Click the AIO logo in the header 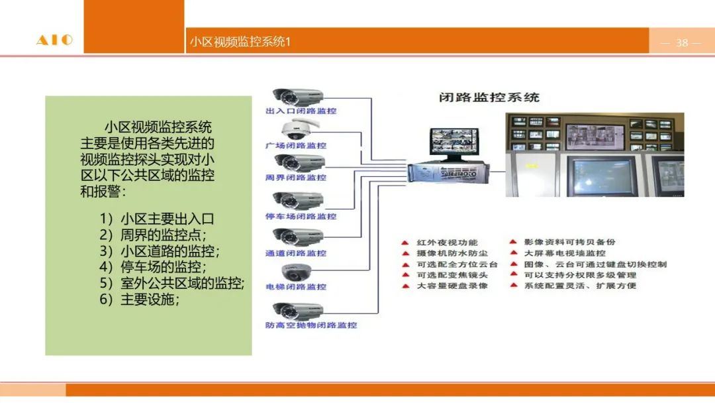54,41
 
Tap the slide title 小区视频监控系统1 240,42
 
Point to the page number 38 682,43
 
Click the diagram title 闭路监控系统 489,97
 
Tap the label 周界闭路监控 296,178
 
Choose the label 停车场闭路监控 301,216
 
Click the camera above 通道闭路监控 298,236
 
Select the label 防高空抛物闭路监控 310,325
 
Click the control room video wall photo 595,154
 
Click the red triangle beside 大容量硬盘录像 405,286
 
